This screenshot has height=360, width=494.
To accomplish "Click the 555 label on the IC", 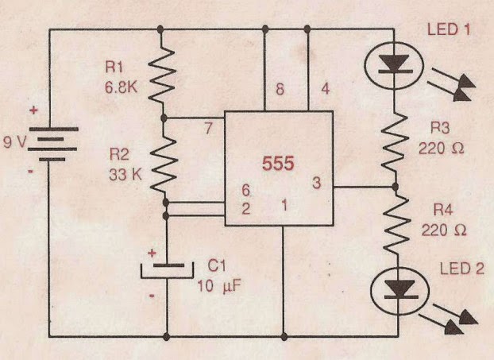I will pos(279,165).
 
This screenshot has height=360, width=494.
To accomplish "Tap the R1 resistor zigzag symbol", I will pos(164,75).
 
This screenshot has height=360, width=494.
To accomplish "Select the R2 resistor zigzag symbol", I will pos(165,164).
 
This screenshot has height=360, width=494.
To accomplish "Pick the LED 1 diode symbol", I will pos(395,63).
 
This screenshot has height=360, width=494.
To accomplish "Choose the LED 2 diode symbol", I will pos(395,291).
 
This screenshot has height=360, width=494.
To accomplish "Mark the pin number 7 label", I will pos(208,126).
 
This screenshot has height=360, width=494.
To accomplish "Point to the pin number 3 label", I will pos(316,184).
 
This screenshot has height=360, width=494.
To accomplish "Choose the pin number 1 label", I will pos(282,206).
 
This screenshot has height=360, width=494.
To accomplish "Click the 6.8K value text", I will pos(121,88).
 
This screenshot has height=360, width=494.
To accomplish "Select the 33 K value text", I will pos(125,175).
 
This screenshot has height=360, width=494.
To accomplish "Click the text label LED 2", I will pos(461,268).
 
